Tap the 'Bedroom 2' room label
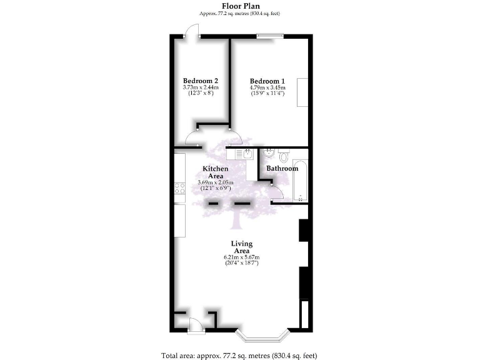pyautogui.click(x=200, y=81)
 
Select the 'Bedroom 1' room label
pyautogui.click(x=267, y=81)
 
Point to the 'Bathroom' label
pyautogui.click(x=282, y=169)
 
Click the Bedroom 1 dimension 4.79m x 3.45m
pyautogui.click(x=267, y=88)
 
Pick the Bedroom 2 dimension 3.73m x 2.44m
pyautogui.click(x=200, y=88)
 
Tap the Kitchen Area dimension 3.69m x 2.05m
pyautogui.click(x=214, y=182)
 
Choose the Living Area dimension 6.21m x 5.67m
pyautogui.click(x=241, y=257)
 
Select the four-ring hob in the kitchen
pyautogui.click(x=180, y=187)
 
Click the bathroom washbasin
pyautogui.click(x=269, y=152)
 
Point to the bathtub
pyautogui.click(x=301, y=181)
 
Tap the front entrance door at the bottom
pyautogui.click(x=194, y=324)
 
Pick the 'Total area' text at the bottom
pyautogui.click(x=239, y=354)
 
